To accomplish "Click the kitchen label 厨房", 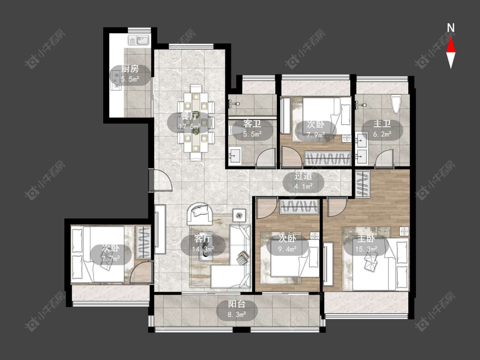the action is click(130, 69).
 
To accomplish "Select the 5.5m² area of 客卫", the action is click(252, 134).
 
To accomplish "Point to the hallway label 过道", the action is click(303, 176).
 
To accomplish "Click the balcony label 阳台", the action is click(237, 304).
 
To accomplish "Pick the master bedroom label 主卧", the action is click(366, 239).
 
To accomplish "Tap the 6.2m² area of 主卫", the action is click(382, 134).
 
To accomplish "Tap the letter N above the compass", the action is click(451, 28).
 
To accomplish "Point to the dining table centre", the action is click(196, 122).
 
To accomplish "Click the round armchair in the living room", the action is click(200, 213).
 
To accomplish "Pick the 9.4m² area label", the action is click(287, 249).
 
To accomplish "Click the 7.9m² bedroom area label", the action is click(316, 134).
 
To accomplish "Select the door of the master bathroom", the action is click(384, 158).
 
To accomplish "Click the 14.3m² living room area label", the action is click(203, 249).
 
